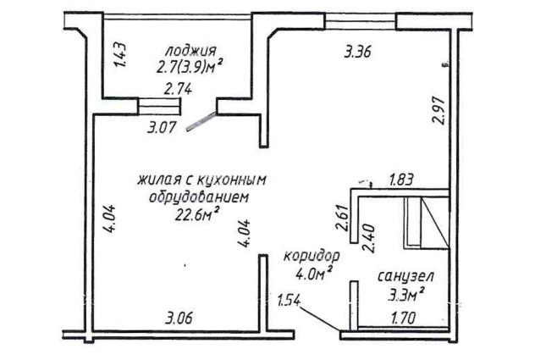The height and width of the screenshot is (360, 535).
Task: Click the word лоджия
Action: pos(190,51)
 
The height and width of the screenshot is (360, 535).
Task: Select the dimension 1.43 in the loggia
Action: pos(120,55)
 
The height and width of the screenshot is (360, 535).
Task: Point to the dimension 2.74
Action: pos(178,90)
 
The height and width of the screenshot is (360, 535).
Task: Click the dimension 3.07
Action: pos(161,128)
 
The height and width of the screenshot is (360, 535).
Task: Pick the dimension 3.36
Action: pos(357,53)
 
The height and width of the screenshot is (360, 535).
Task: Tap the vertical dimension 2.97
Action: pos(438,111)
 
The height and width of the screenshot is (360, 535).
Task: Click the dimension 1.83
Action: pos(402,180)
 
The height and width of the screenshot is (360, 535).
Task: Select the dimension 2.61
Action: pos(342,218)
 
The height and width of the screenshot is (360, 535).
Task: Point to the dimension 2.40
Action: pos(369,238)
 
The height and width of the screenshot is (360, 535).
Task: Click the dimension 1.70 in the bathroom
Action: pos(403,318)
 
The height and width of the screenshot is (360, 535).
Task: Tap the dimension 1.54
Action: pos(289,302)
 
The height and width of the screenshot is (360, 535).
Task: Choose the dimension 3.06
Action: pos(179,318)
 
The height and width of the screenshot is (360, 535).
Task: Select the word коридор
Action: pos(312,256)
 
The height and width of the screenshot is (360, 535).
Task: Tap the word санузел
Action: pos(405,276)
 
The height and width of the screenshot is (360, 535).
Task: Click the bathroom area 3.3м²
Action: pos(406,294)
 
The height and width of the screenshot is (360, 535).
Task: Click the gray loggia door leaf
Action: pos(201,121)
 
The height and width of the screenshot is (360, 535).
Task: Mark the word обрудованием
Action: pos(199,197)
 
